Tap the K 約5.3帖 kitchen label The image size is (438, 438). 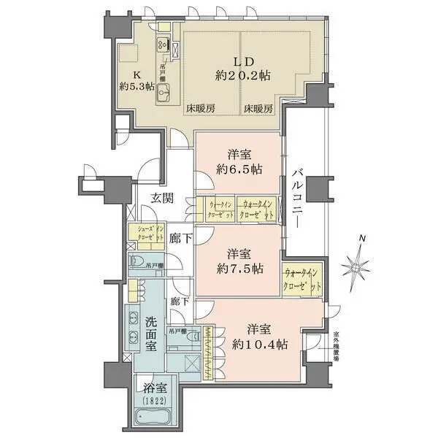(137, 81)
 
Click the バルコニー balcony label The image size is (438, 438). (297, 197)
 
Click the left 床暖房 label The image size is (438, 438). (199, 109)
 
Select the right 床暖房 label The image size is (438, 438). (258, 109)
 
